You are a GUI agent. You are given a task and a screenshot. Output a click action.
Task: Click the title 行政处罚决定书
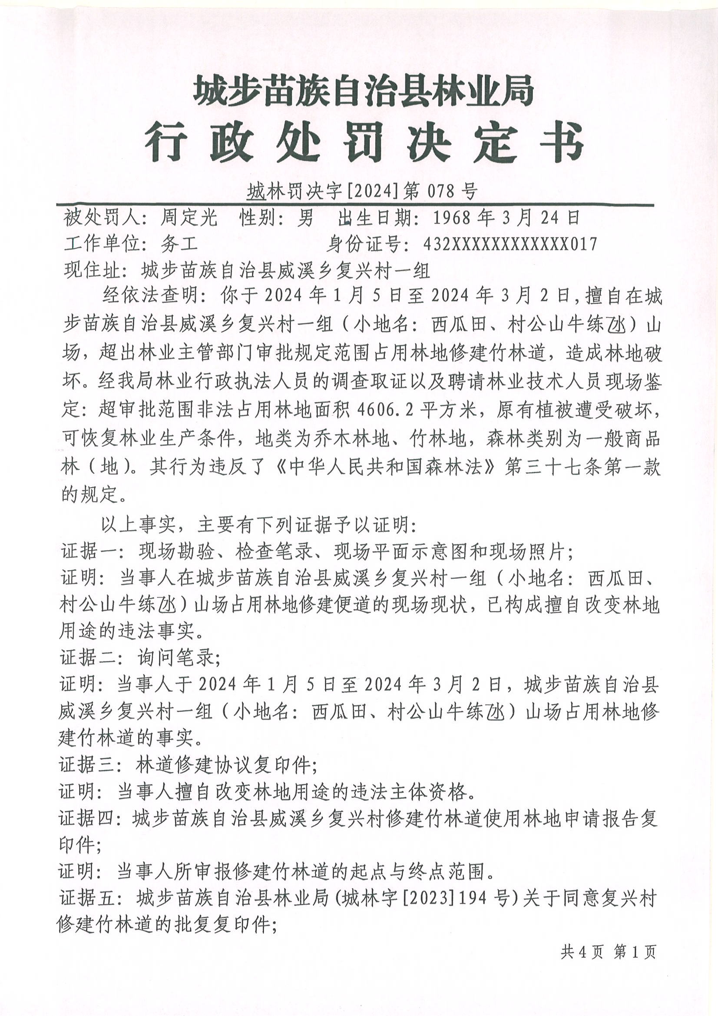[x=364, y=142]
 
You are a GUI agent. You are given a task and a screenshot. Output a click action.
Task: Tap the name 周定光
[x=189, y=218]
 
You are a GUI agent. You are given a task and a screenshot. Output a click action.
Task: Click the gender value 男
[x=305, y=218]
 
